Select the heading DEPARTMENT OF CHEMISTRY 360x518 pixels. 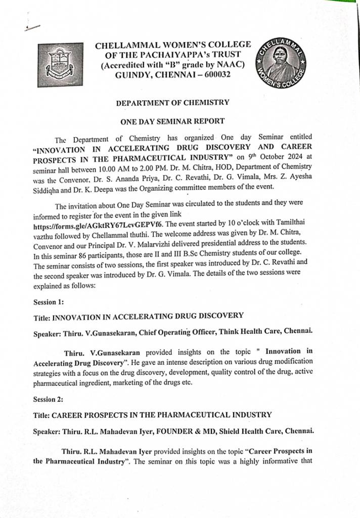(172, 103)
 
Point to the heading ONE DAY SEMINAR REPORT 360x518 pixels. (172, 121)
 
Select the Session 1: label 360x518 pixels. (49, 303)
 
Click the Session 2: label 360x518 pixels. (49, 400)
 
